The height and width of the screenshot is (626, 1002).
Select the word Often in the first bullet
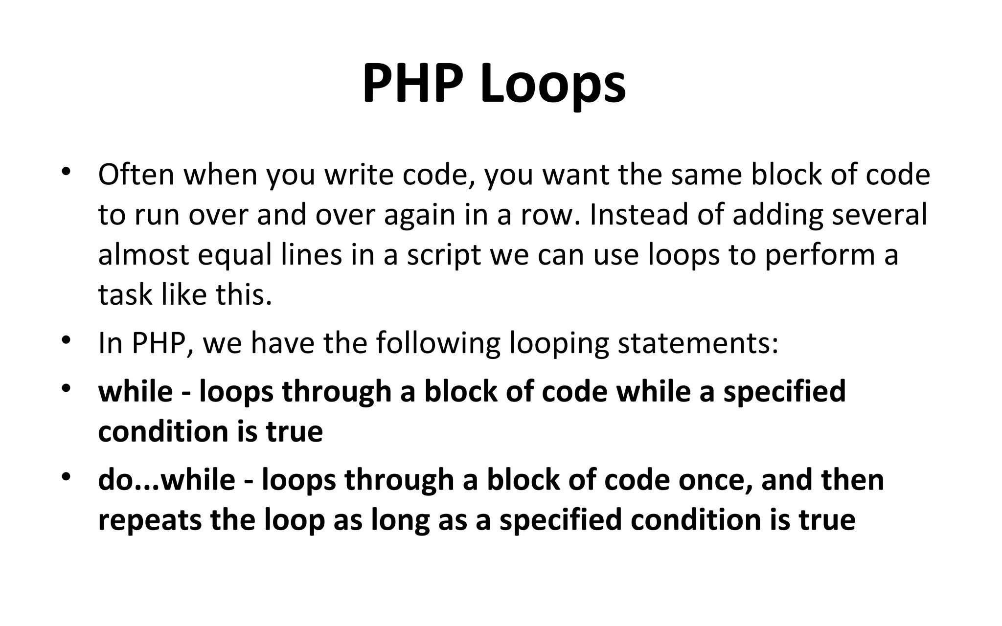pyautogui.click(x=136, y=175)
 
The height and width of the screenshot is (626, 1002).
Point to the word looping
pyautogui.click(x=559, y=344)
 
